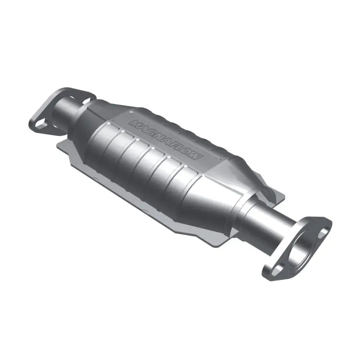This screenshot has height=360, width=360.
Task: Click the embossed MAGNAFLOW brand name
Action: (166, 140)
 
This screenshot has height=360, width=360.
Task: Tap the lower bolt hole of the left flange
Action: (40, 122)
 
